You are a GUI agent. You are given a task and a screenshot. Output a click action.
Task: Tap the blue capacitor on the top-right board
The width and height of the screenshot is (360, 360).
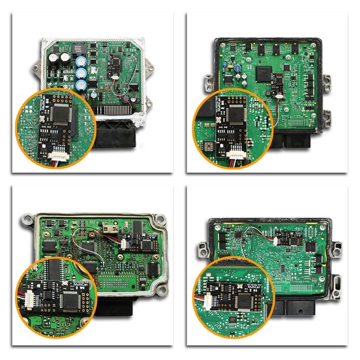point(236,68)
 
